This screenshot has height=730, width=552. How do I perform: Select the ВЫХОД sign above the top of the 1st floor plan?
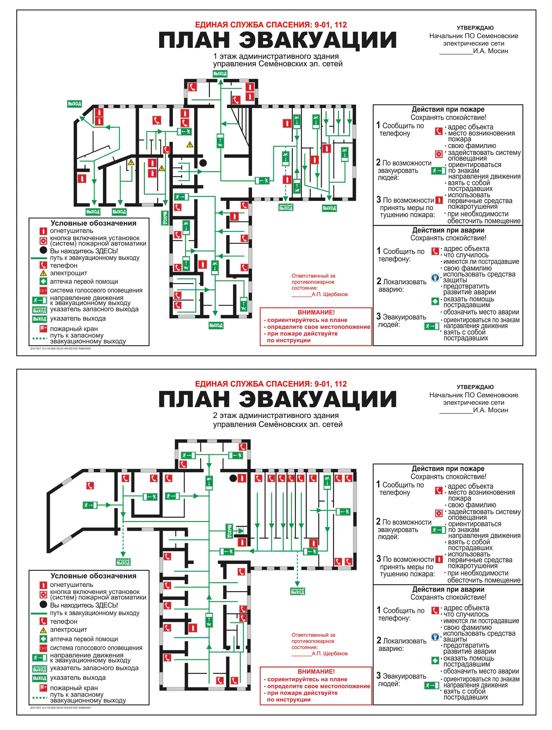pos(220,74)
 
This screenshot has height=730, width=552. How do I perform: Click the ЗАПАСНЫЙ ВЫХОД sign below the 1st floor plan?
pos(286,207)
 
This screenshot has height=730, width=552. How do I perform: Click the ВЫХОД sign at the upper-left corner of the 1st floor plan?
pos(74,104)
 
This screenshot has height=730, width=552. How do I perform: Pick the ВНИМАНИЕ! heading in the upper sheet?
pos(316,312)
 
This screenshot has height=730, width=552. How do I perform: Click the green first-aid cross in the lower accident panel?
pos(435,660)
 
